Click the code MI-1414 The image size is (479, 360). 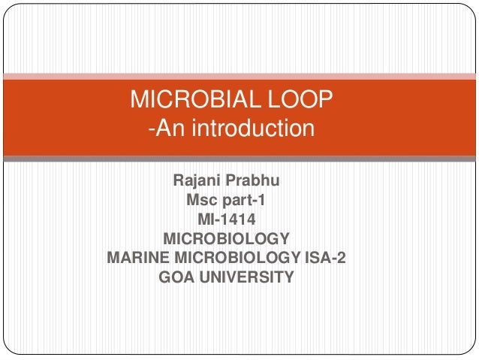pos(226,220)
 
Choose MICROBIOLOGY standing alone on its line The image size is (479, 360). pos(226,240)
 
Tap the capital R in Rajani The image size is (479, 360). pos(179,181)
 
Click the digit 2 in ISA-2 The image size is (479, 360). pos(341,259)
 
